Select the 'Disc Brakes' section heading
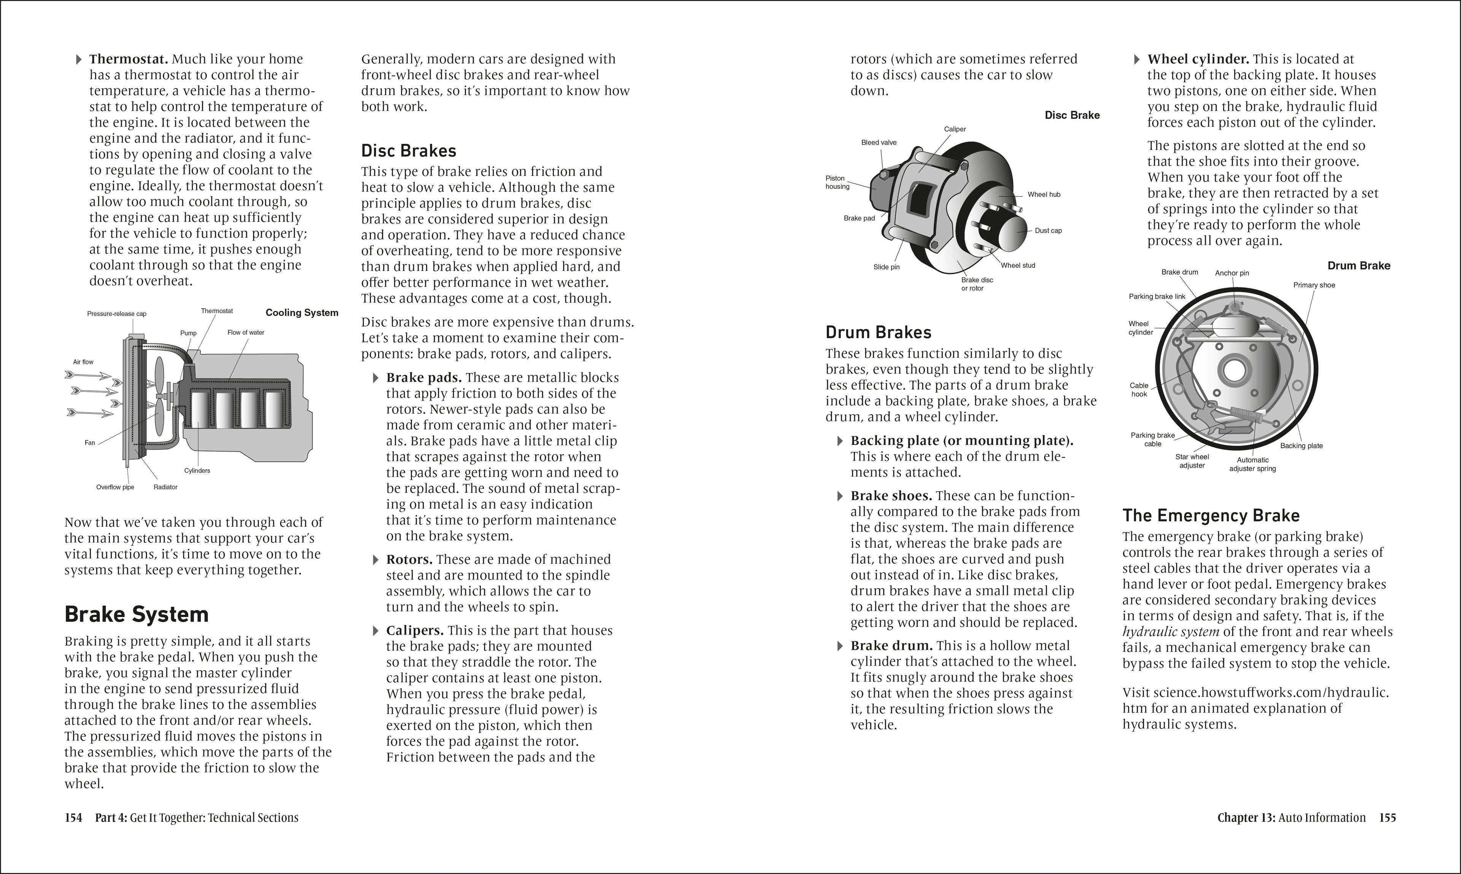(409, 151)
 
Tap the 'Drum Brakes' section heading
(878, 333)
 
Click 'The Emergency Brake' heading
(1211, 516)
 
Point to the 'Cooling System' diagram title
(302, 313)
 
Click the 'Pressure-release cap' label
(116, 314)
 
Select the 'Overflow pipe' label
(115, 487)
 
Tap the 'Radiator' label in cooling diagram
(166, 487)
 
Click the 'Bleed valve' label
(879, 142)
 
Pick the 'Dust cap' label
(1048, 231)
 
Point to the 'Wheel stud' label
(1018, 266)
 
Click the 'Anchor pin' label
(1232, 273)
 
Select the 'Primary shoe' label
(1314, 285)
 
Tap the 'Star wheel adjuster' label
(1192, 461)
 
